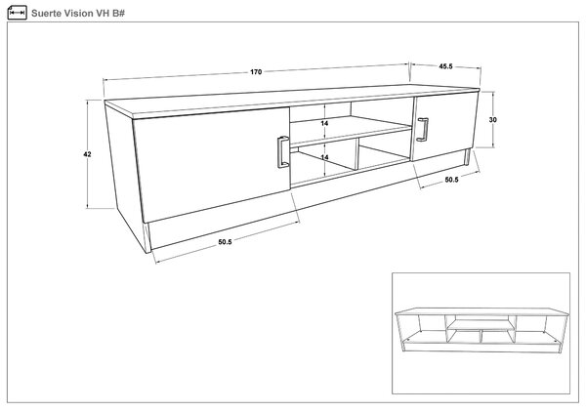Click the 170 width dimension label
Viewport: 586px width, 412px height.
pos(256,72)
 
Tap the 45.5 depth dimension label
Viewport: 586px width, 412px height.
pos(445,66)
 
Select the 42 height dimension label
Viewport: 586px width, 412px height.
pos(87,154)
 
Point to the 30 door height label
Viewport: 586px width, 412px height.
pos(493,120)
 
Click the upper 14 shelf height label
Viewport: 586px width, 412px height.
pos(325,123)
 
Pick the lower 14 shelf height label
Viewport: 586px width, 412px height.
pos(325,157)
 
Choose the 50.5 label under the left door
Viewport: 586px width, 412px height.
pos(225,242)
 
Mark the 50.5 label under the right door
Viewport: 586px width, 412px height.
pos(451,180)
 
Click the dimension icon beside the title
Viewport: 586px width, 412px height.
pos(18,13)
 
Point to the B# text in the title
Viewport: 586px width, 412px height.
pos(119,14)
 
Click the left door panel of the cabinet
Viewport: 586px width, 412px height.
pos(212,164)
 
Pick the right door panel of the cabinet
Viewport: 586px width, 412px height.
pos(444,126)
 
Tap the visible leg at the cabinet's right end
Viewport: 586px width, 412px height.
pos(467,157)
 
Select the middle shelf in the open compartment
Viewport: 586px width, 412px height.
pos(352,131)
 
